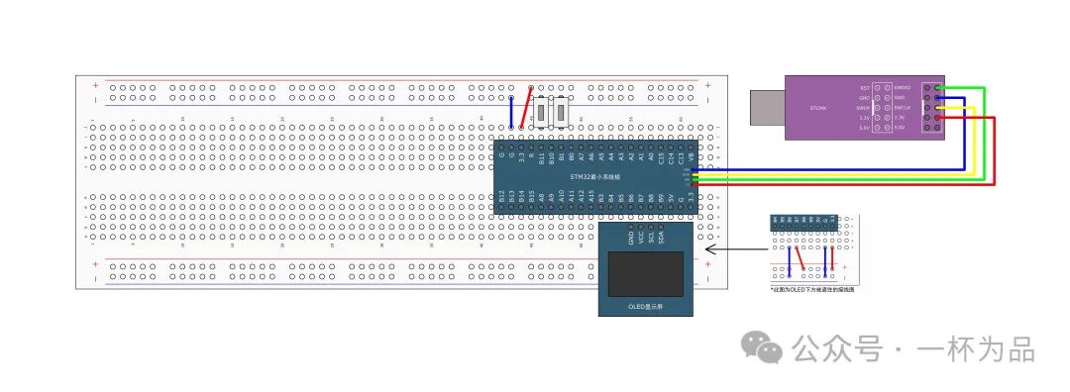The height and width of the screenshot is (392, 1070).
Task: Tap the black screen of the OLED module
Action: (x=644, y=274)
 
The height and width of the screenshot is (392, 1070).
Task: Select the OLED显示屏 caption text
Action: (x=644, y=307)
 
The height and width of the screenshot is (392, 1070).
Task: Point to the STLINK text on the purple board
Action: (x=817, y=107)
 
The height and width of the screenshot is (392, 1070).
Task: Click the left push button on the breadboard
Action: (x=543, y=112)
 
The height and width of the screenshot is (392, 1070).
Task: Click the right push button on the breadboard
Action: (x=563, y=112)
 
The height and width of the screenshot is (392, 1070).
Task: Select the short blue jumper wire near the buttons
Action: (x=511, y=113)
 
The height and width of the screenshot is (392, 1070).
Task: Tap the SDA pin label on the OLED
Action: (x=661, y=238)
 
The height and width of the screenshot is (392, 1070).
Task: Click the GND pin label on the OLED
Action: (x=631, y=238)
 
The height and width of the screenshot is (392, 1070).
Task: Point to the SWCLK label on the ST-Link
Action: (x=901, y=108)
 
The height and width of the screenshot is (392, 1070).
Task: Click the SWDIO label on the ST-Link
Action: (x=901, y=88)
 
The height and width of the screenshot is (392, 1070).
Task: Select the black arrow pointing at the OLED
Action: (x=733, y=250)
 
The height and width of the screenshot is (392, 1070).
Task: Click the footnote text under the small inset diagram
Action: (x=812, y=290)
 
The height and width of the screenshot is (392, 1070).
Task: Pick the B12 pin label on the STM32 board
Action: (x=501, y=197)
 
